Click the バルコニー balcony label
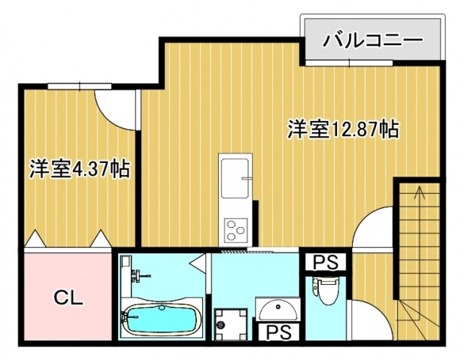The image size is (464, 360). click(x=372, y=39)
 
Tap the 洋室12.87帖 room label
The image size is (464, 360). click(x=341, y=129)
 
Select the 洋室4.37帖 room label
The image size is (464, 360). click(x=79, y=168)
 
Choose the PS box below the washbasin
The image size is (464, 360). click(x=277, y=330)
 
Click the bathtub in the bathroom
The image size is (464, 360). click(x=161, y=320)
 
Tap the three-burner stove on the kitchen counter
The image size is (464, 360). click(x=235, y=226)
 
